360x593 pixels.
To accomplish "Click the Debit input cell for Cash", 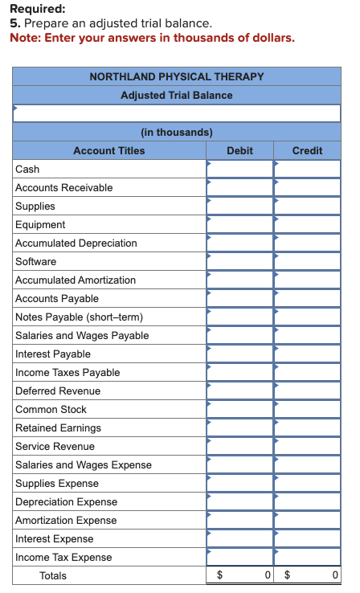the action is [239, 169].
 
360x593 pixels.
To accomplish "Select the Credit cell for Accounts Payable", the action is [307, 298].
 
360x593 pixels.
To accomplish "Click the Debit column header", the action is [239, 150].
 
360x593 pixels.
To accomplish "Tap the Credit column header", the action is [307, 150].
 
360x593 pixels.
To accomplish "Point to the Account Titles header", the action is [109, 150].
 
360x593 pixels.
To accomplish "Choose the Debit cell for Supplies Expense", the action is [239, 483].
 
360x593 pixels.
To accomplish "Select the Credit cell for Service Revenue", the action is [307, 446].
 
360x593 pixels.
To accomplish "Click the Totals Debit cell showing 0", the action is [239, 575].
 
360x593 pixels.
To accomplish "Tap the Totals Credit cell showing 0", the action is [307, 575].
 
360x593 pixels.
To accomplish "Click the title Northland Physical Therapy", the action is [177, 76].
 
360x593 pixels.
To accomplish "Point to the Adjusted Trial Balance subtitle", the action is [177, 95].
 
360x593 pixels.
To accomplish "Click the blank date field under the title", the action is [177, 113].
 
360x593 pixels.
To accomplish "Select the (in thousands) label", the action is [177, 132].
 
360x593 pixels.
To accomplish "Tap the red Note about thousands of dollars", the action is [152, 38].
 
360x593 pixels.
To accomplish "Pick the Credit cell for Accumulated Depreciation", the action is [307, 243].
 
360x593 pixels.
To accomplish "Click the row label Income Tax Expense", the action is [63, 557].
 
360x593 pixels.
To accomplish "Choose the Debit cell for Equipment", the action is [239, 224].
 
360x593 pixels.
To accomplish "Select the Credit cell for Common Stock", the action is [307, 409].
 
